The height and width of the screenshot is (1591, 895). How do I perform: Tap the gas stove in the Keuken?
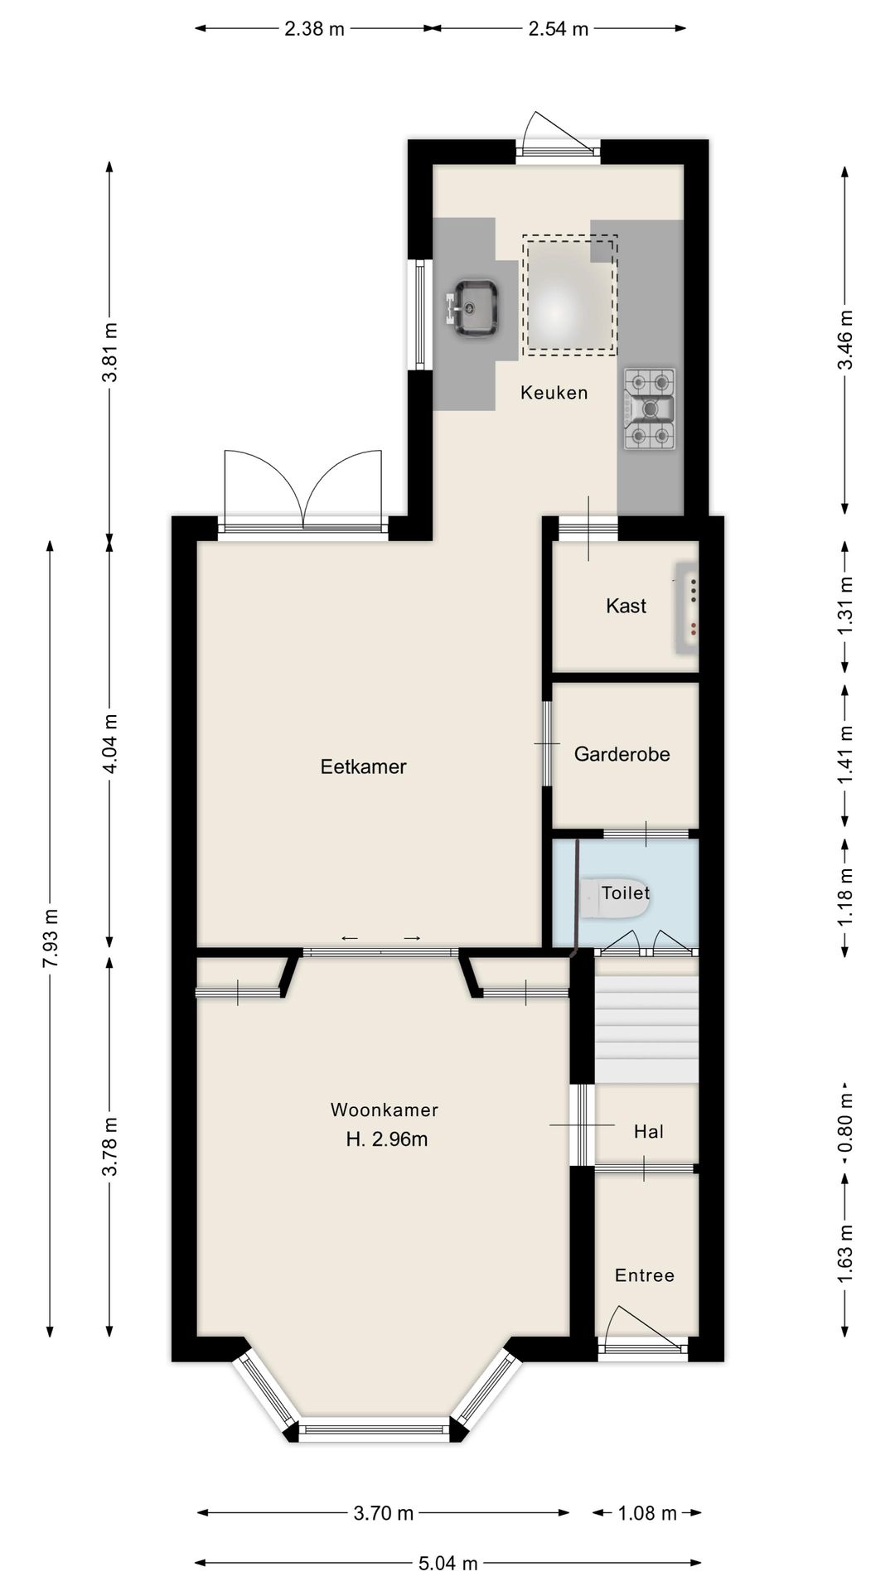click(x=650, y=409)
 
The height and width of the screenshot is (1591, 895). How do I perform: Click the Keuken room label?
click(x=554, y=393)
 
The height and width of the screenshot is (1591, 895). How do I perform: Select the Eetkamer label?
click(x=363, y=766)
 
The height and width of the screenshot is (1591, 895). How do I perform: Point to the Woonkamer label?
click(x=385, y=1110)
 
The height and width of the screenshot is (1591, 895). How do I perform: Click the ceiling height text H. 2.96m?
click(x=387, y=1139)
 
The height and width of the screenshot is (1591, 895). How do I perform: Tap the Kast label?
click(x=626, y=606)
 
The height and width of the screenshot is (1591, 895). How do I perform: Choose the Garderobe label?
click(x=622, y=754)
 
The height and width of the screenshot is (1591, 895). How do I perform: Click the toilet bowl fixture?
click(x=614, y=898)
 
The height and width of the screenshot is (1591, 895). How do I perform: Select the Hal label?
click(x=648, y=1132)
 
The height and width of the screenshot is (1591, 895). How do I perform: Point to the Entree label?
click(x=644, y=1275)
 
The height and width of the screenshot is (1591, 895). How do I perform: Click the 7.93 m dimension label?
click(x=51, y=938)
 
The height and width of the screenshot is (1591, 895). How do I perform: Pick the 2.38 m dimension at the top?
click(x=314, y=29)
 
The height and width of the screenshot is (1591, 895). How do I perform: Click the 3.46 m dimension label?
click(x=844, y=341)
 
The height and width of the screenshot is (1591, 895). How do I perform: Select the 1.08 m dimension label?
click(x=648, y=1513)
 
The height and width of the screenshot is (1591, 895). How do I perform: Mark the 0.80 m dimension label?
click(x=844, y=1123)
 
